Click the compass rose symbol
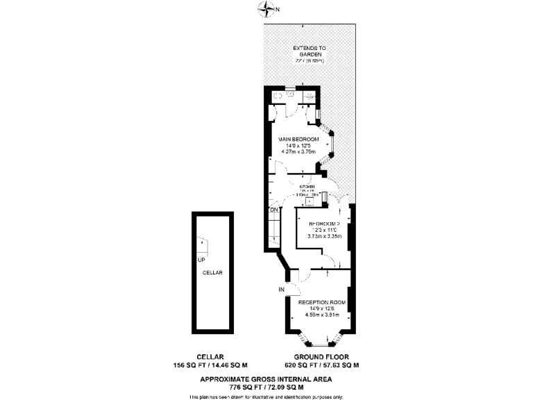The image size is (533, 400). pyautogui.click(x=265, y=9)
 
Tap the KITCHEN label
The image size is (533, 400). pyautogui.click(x=307, y=187)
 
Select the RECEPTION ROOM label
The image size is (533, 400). pyautogui.click(x=321, y=302)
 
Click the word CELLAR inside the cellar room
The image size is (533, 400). pyautogui.click(x=212, y=273)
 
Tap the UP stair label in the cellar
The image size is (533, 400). pyautogui.click(x=201, y=260)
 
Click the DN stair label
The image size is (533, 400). pyautogui.click(x=273, y=209)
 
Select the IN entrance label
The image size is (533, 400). pyautogui.click(x=282, y=288)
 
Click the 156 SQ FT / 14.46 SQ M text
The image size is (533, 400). pyautogui.click(x=210, y=365)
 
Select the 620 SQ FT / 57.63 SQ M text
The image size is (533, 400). pyautogui.click(x=321, y=365)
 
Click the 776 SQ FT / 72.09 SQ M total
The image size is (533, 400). pyautogui.click(x=266, y=385)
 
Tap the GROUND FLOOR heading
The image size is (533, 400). pyautogui.click(x=321, y=357)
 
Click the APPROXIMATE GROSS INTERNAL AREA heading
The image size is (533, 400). pyautogui.click(x=266, y=378)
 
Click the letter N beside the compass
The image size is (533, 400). pyautogui.click(x=278, y=10)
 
